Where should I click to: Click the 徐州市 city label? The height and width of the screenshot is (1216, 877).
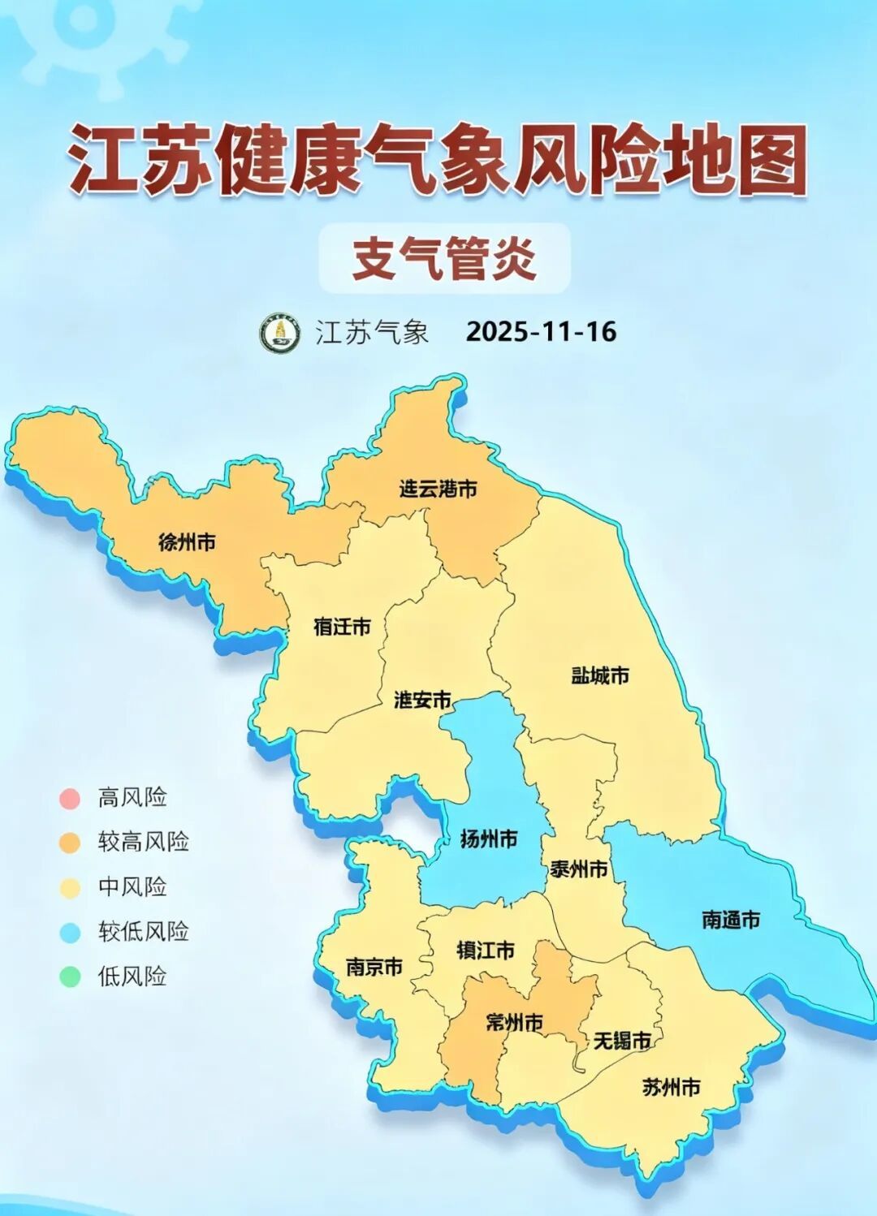187,542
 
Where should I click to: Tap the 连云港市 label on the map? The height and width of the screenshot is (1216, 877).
438,489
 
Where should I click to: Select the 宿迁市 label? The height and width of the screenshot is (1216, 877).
342,627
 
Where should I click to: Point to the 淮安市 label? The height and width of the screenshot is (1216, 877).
422,700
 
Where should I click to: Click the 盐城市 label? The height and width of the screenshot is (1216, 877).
600,675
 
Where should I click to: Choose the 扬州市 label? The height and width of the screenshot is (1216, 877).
488,839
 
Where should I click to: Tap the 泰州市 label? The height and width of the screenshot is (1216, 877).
579,869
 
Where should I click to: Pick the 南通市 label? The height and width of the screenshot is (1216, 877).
731,920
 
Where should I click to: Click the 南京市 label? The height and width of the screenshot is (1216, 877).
374,967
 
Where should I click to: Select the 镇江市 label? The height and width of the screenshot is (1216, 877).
486,951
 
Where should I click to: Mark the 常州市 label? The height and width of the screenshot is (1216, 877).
514,1023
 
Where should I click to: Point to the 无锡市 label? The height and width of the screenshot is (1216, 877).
622,1040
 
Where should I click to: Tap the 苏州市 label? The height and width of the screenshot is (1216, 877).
671,1088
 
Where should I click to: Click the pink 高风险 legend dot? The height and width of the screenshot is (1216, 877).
70,798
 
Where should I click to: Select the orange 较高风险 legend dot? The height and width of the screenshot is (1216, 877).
70,843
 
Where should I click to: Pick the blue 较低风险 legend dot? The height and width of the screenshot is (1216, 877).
70,932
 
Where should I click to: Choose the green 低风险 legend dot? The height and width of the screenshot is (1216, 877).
70,976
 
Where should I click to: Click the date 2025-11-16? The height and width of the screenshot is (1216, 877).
541,332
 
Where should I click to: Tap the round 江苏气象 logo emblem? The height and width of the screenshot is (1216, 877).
280,333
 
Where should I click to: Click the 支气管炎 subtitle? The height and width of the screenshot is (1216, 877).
444,259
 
